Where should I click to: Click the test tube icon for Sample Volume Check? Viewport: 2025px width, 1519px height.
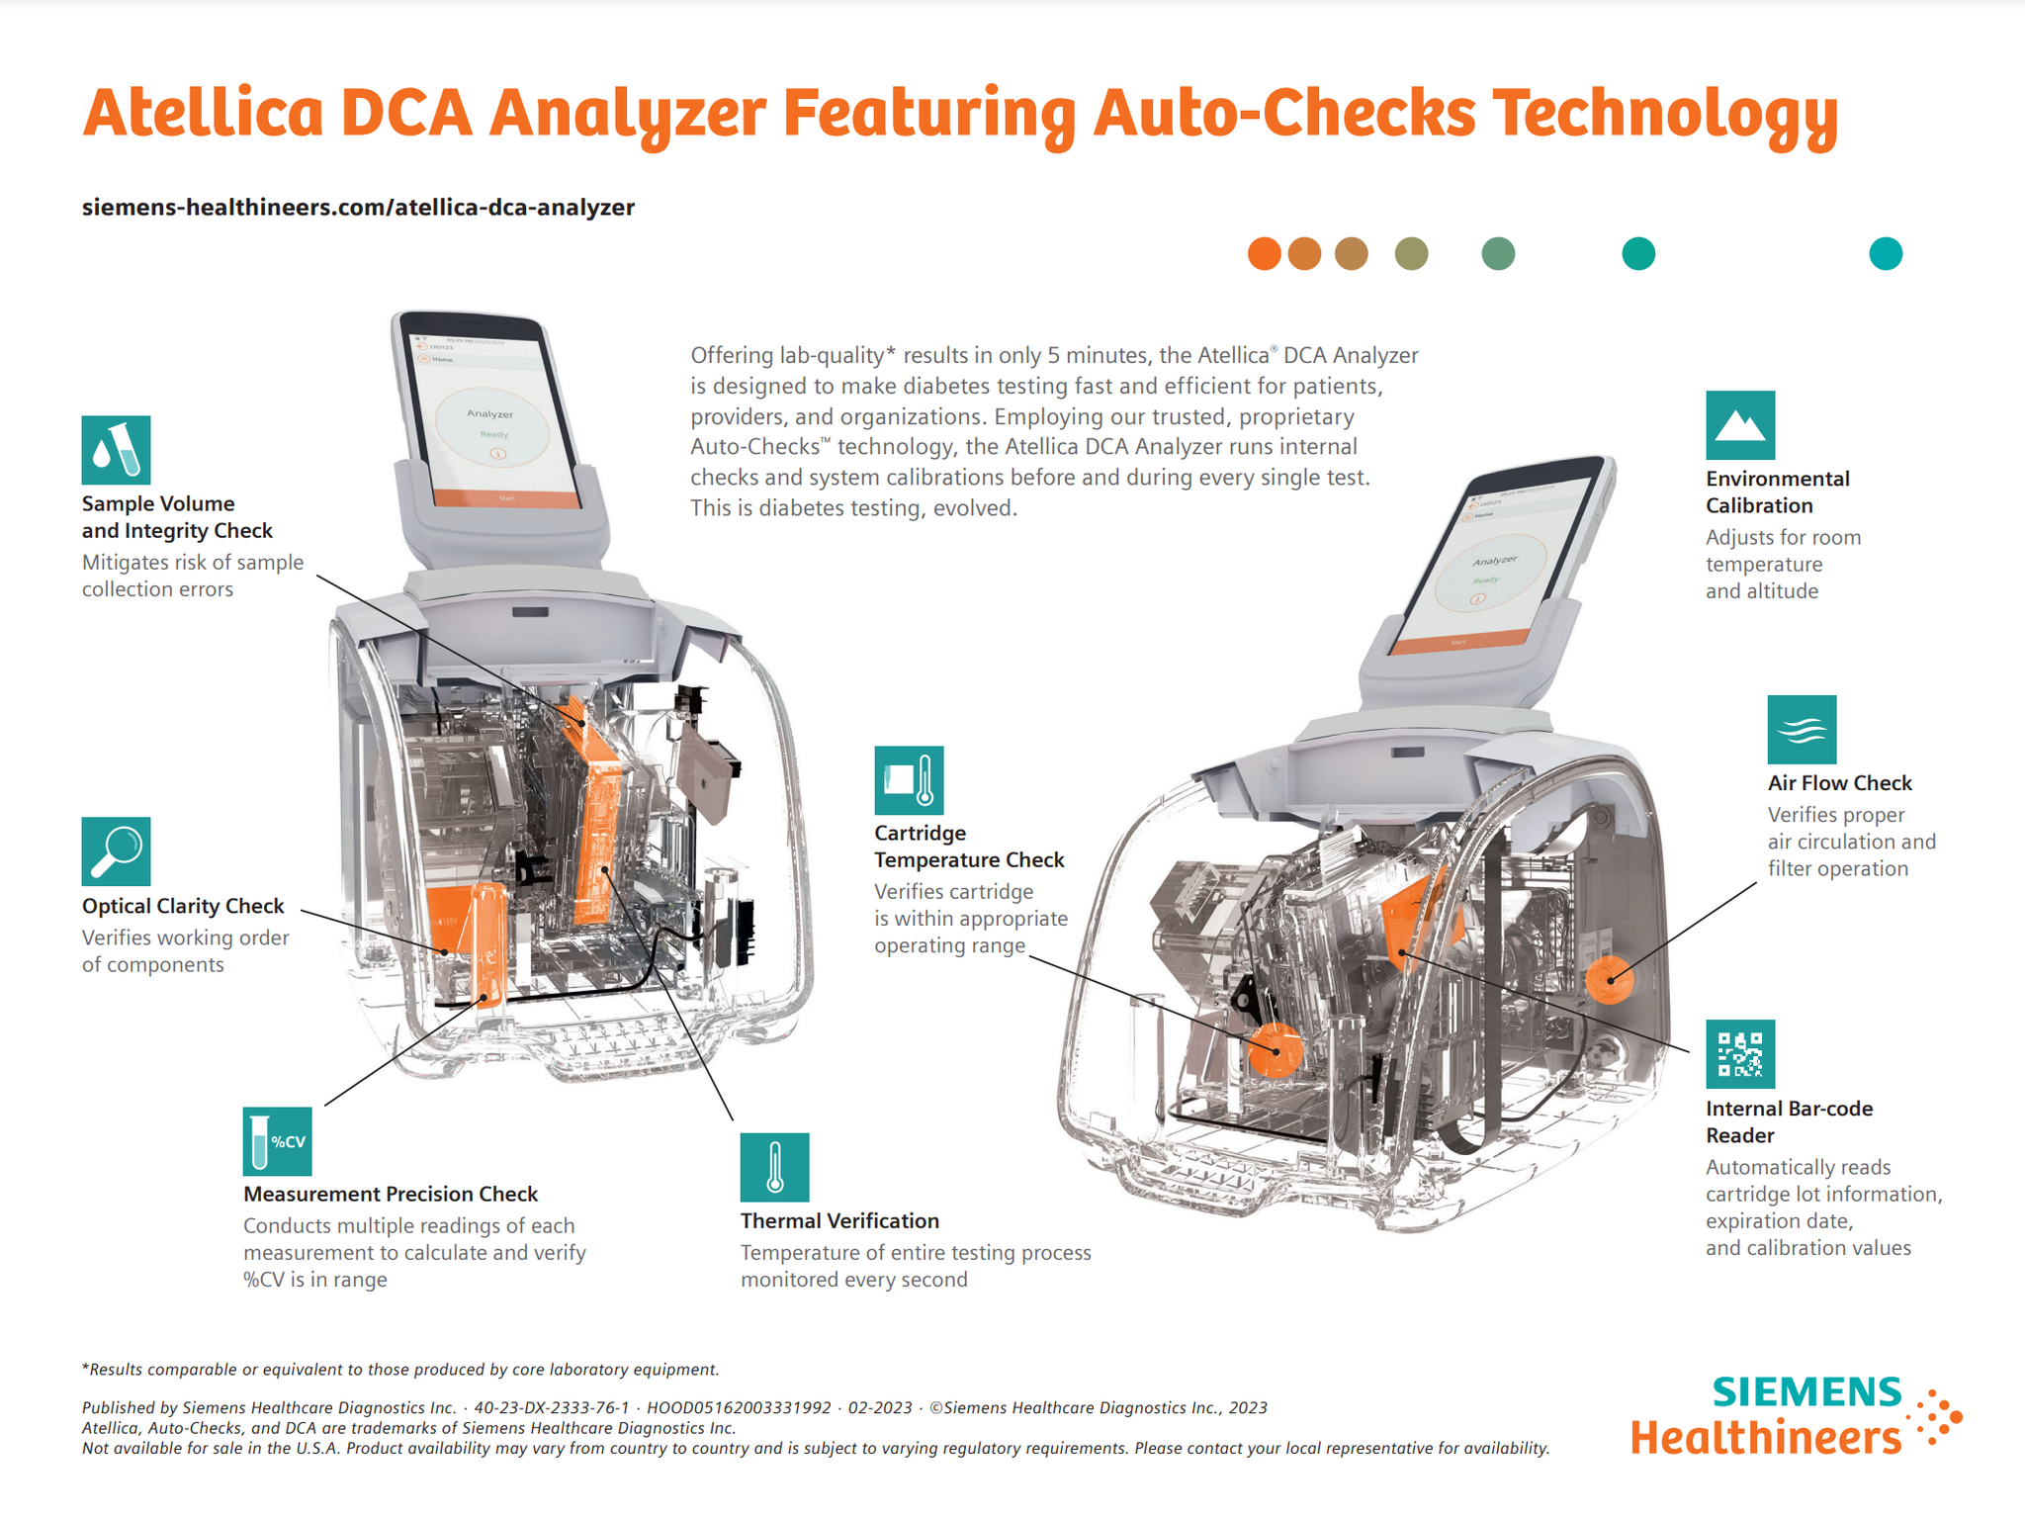tap(116, 450)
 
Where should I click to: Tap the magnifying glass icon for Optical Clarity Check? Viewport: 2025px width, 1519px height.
tap(116, 851)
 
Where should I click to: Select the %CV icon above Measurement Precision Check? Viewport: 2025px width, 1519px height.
tap(277, 1141)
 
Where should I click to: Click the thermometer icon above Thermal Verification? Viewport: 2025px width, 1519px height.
tap(774, 1167)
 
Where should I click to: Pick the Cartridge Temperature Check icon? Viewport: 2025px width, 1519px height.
tap(909, 780)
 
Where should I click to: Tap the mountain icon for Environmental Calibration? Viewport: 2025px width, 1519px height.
tap(1739, 425)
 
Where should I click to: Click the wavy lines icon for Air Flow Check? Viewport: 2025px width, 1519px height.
tap(1802, 730)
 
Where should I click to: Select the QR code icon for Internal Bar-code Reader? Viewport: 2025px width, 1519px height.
tap(1739, 1054)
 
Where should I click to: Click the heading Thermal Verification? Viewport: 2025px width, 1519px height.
tap(839, 1221)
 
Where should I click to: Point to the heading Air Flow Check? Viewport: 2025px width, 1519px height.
tap(1839, 783)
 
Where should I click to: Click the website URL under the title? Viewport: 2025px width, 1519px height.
tap(358, 208)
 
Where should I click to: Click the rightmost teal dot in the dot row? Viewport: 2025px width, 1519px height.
tap(1885, 254)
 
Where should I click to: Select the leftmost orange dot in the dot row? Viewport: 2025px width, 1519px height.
tap(1264, 254)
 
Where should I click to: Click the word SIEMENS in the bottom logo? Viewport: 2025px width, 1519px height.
tap(1805, 1392)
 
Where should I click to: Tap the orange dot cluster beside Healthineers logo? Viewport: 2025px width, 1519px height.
tap(1938, 1420)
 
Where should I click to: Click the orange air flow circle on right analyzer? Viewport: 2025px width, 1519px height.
tap(1609, 979)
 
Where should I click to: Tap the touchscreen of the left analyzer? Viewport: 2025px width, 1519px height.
tap(492, 420)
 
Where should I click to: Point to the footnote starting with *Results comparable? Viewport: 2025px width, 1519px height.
tap(400, 1370)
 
